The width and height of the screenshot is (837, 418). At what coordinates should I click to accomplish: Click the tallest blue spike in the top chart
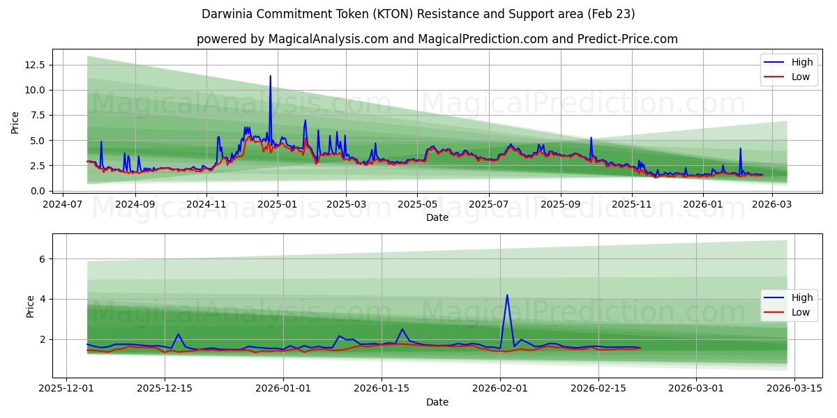(x=270, y=76)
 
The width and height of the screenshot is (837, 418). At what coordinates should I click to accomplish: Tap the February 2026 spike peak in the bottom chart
(x=507, y=295)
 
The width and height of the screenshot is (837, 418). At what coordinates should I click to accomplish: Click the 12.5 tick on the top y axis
(x=35, y=65)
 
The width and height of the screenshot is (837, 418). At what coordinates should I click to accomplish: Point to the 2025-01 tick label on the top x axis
(x=277, y=205)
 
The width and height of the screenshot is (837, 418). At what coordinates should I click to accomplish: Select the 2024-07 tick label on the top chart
(x=63, y=205)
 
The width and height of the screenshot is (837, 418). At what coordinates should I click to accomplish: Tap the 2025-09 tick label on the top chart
(x=561, y=205)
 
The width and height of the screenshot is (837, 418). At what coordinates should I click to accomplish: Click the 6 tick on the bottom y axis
(x=42, y=258)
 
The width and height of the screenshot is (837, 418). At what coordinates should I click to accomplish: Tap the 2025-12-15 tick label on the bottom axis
(x=165, y=388)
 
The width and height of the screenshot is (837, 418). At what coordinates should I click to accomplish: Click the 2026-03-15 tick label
(x=794, y=388)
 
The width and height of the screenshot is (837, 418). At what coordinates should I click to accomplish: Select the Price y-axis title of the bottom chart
(x=30, y=307)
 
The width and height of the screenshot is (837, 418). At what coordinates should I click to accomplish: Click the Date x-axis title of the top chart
(x=437, y=218)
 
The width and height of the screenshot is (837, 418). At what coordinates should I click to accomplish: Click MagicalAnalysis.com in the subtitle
(x=328, y=39)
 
